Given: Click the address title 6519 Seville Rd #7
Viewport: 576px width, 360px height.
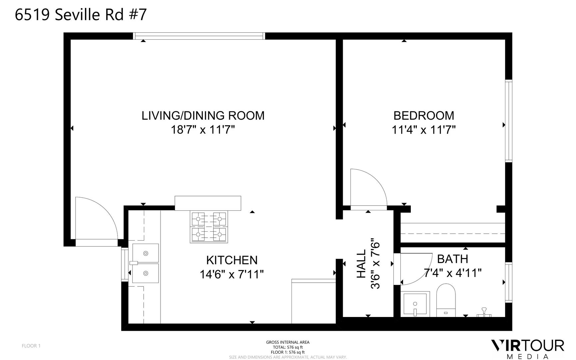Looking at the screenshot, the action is (x=81, y=15).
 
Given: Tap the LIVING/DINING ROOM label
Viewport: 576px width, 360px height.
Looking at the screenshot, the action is (x=203, y=116).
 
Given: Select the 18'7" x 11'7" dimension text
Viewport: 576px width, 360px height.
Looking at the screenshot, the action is (x=203, y=130).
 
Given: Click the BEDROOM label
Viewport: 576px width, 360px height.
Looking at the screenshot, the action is (x=424, y=116).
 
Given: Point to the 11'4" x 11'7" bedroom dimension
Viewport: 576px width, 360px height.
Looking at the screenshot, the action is (x=424, y=130).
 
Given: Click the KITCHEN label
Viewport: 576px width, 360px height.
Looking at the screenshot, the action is (x=232, y=260).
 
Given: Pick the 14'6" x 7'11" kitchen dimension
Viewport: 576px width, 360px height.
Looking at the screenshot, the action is (x=232, y=274).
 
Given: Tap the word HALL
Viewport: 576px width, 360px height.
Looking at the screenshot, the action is (x=361, y=264).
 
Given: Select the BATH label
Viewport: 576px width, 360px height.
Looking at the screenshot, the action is (x=452, y=259).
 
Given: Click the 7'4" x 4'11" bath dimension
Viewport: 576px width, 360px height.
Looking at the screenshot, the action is (x=452, y=273).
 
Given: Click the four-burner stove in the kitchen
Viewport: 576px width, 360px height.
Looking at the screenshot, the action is (x=209, y=227).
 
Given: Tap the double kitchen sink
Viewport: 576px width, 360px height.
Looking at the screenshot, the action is (x=145, y=263).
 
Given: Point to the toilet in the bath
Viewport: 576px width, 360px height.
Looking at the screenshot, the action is (x=446, y=300).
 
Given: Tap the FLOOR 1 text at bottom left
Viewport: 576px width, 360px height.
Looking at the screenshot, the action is (x=31, y=346).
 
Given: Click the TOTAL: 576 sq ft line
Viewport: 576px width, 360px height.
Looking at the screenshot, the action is (x=288, y=347).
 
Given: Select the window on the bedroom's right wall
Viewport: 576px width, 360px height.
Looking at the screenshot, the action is (x=508, y=121).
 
